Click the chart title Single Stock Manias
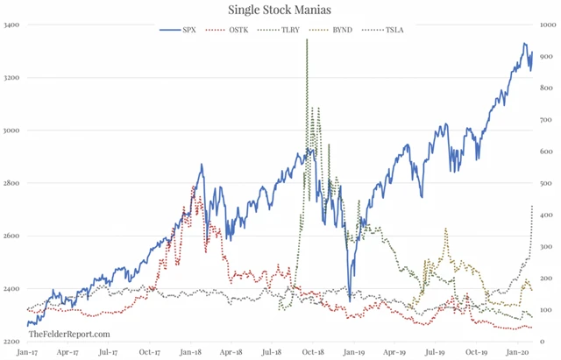coord(280,11)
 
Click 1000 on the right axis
coord(546,25)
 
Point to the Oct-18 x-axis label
coord(309,353)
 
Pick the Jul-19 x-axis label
coord(432,353)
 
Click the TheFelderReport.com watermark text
coord(69,334)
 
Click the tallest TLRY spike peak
coord(307,40)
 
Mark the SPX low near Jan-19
coord(349,300)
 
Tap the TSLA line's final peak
coord(532,207)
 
